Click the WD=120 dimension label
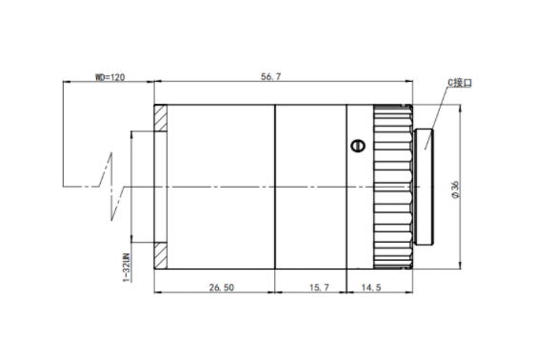(x=109, y=77)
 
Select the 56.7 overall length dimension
(x=271, y=77)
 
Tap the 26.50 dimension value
(x=222, y=288)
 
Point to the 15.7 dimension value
(x=319, y=288)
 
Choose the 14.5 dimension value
(x=371, y=288)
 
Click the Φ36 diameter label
(x=455, y=190)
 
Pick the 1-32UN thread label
(x=127, y=268)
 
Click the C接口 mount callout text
(x=460, y=83)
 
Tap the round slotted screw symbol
(x=358, y=146)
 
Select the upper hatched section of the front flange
(x=160, y=118)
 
